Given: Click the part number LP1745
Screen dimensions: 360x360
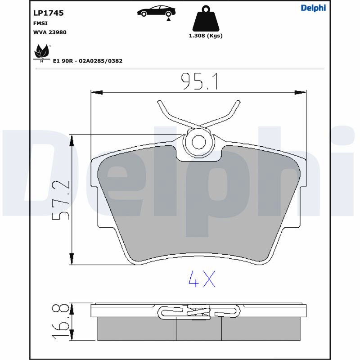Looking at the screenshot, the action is [48, 13].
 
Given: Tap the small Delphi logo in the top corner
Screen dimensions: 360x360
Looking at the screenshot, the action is [313, 8].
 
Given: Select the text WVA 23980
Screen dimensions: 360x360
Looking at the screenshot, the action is [50, 32].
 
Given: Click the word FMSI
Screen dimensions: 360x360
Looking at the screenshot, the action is [40, 23].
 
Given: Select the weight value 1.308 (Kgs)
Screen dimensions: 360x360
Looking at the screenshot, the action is [206, 36].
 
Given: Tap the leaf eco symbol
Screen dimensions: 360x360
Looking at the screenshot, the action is [41, 52].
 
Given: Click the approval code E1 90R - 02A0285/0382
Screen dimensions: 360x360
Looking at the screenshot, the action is [88, 61].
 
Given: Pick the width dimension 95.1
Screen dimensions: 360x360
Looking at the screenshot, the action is [199, 81].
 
